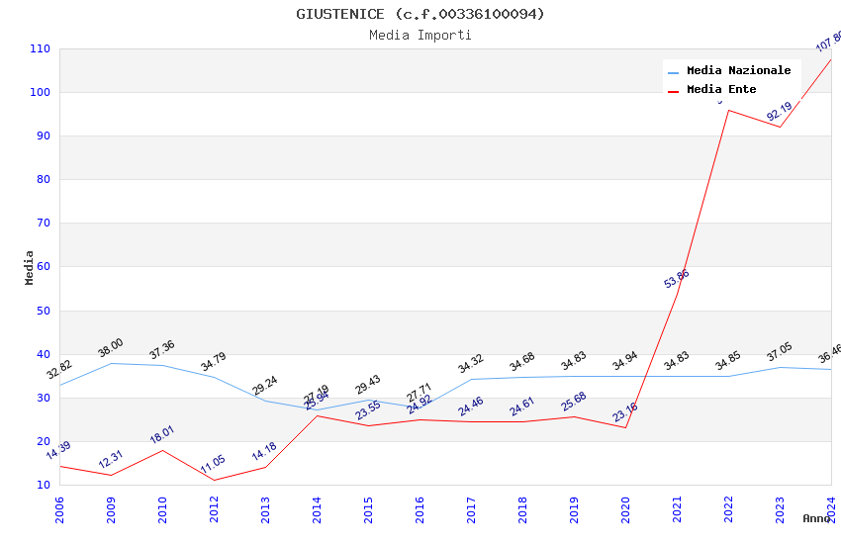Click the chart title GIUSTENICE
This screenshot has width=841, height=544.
tap(420, 14)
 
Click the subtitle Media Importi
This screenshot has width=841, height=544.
tap(420, 35)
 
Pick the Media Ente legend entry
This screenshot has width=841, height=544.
tap(721, 90)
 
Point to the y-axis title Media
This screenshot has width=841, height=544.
tap(30, 267)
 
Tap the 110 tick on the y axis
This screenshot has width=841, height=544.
tap(40, 48)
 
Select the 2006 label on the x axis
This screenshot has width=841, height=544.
tap(59, 509)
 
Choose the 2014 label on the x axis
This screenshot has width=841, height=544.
tap(317, 509)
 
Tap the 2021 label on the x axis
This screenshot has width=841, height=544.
tap(677, 509)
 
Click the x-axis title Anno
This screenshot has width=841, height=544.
tap(816, 518)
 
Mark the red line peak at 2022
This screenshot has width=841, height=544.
tap(728, 110)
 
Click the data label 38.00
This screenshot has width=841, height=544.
tap(110, 348)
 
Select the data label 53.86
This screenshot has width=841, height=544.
tap(677, 279)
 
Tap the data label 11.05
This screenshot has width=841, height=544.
tap(213, 465)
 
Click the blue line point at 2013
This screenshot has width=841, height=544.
tap(265, 401)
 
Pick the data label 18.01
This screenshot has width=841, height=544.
tap(161, 435)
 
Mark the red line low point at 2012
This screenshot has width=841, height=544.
tap(214, 480)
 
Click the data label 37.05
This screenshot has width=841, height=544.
tap(780, 354)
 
